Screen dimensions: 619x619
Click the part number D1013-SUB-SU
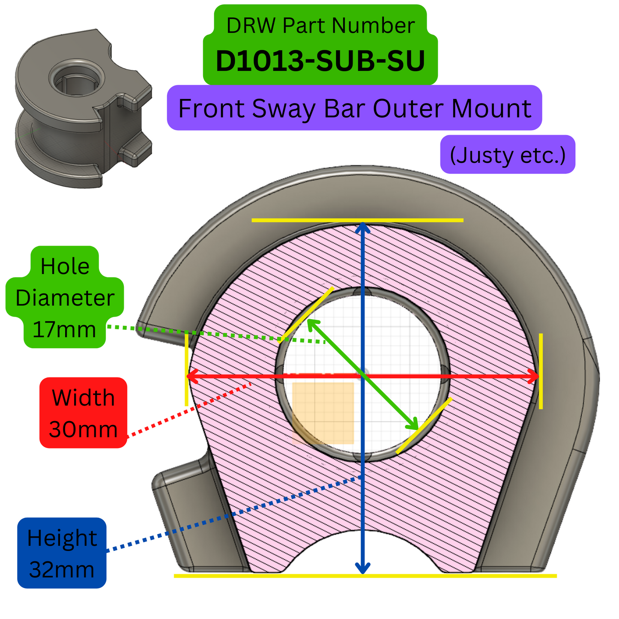(x=320, y=61)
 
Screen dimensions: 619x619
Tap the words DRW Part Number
(x=320, y=26)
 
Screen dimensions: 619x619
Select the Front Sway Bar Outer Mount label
(x=354, y=108)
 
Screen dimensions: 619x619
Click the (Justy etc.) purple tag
(x=508, y=155)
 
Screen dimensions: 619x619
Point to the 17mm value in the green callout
(x=64, y=330)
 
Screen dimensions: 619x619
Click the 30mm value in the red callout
(x=83, y=429)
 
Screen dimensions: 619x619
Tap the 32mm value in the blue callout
(x=62, y=570)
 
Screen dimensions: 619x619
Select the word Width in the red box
(x=83, y=398)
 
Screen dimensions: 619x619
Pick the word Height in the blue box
(x=62, y=538)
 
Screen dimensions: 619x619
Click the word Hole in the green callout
(x=65, y=266)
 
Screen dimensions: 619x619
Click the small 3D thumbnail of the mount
(x=84, y=107)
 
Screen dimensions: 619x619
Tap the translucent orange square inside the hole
(x=323, y=413)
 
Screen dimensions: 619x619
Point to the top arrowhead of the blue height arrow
(x=363, y=227)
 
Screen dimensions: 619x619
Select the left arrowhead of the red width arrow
(x=192, y=376)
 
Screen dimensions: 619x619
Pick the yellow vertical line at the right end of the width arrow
(x=541, y=371)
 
